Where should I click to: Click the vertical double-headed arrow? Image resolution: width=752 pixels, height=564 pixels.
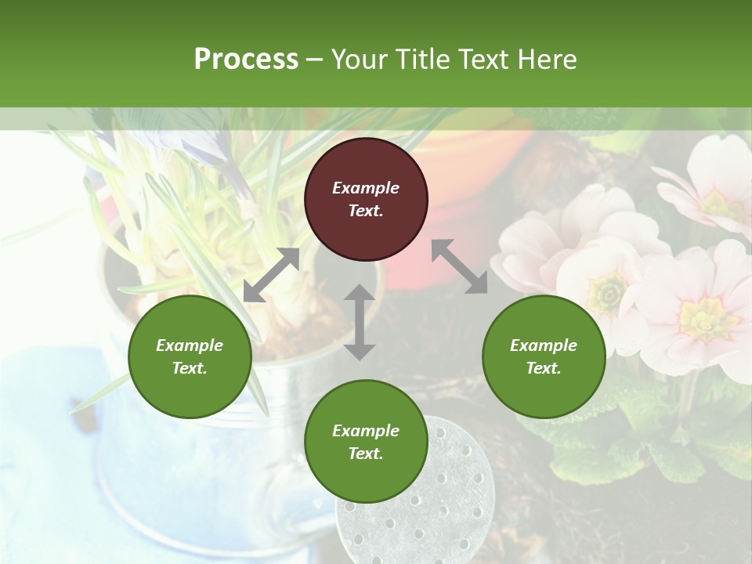360,322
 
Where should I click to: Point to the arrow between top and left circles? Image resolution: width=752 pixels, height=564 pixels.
272,275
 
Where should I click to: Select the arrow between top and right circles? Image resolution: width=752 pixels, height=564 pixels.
459,266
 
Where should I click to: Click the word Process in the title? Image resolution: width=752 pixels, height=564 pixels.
246,60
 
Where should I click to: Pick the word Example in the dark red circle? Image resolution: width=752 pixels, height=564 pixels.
366,188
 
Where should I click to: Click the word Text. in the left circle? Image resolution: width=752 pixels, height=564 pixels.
190,368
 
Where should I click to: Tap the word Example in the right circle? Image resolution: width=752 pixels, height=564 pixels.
544,345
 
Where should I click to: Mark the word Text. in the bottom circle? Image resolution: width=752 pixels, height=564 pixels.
366,454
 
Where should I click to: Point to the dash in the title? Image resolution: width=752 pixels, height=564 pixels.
314,60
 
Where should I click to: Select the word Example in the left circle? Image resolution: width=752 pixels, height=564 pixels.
190,345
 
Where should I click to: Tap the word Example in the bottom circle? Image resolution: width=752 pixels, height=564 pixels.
366,431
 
